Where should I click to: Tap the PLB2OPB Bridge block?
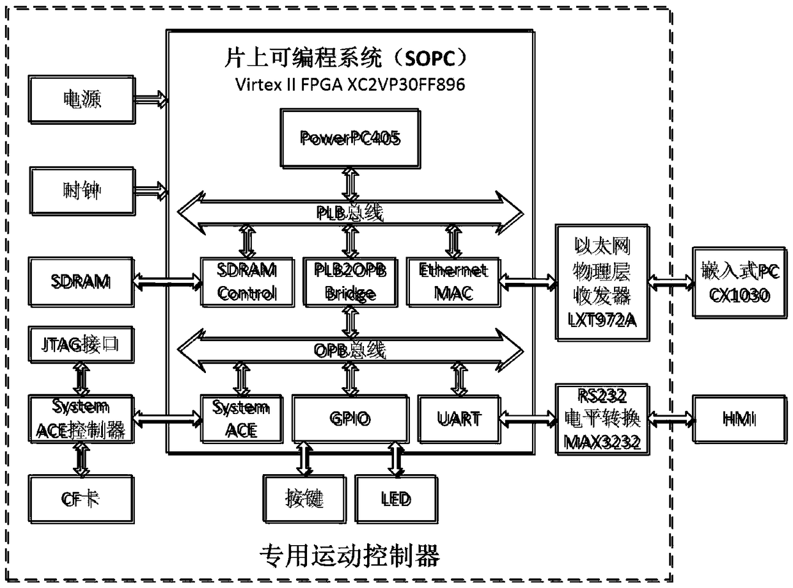[x=349, y=282]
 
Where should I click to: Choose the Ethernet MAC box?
[x=453, y=282]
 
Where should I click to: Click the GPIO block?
[x=350, y=418]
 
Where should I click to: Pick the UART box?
[x=460, y=418]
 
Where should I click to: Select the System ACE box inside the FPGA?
[x=240, y=418]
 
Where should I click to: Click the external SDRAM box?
[x=81, y=280]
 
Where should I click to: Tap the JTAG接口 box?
[x=81, y=347]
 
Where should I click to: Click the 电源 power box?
[x=81, y=100]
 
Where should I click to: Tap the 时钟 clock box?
[x=81, y=190]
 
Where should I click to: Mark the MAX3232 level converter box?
[x=602, y=418]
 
